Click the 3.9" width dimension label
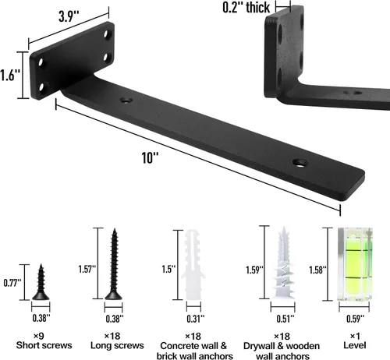click(69, 16)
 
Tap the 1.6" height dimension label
click(10, 76)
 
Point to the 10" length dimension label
click(150, 157)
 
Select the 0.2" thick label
click(246, 7)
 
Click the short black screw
click(41, 282)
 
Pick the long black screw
click(114, 264)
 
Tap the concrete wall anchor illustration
click(193, 265)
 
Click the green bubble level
click(355, 264)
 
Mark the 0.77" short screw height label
click(12, 283)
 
